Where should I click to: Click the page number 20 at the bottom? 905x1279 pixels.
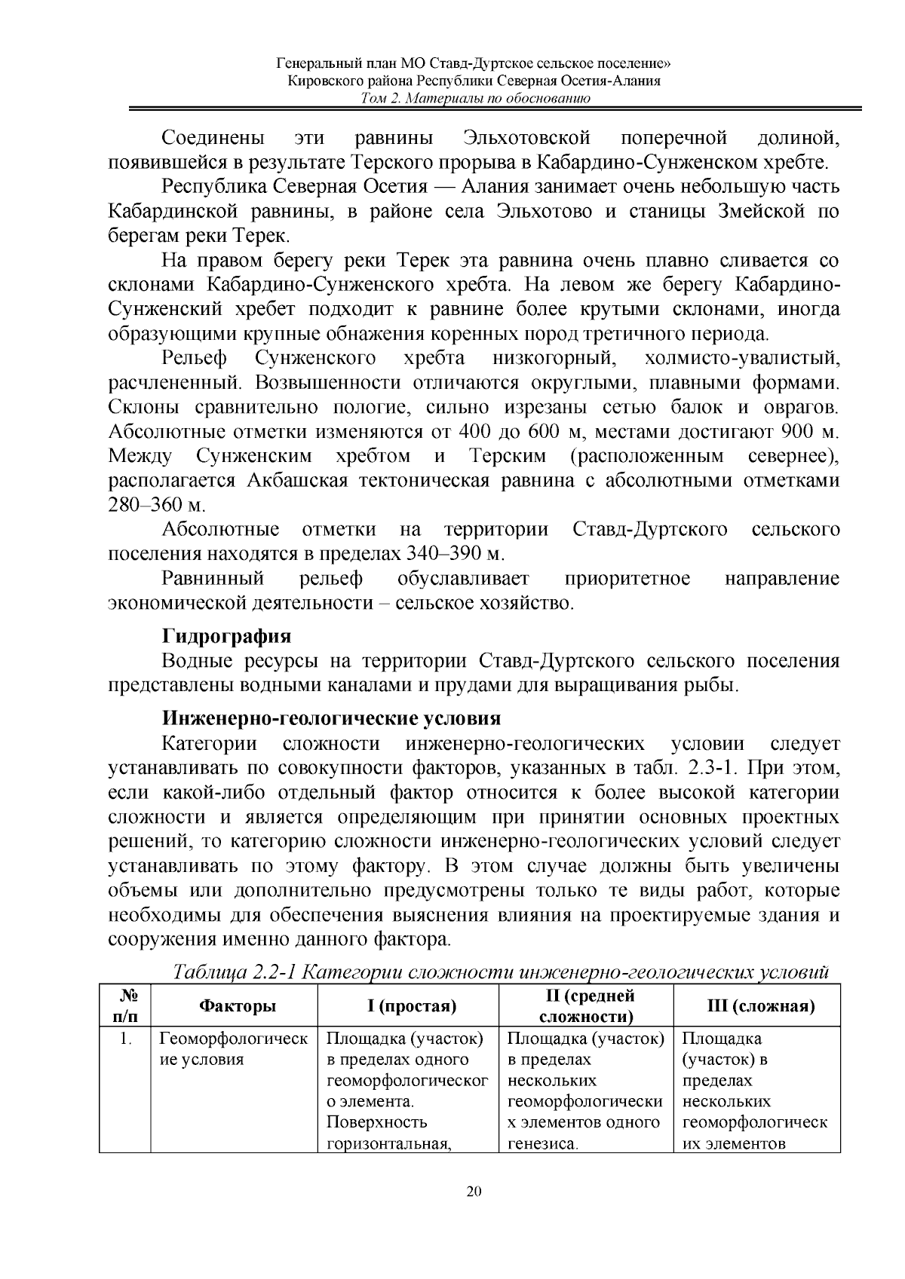tap(474, 1192)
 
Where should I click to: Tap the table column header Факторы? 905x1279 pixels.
tap(237, 1006)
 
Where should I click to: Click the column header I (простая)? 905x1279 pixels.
tap(408, 1006)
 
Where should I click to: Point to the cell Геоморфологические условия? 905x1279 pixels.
tap(233, 1048)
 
